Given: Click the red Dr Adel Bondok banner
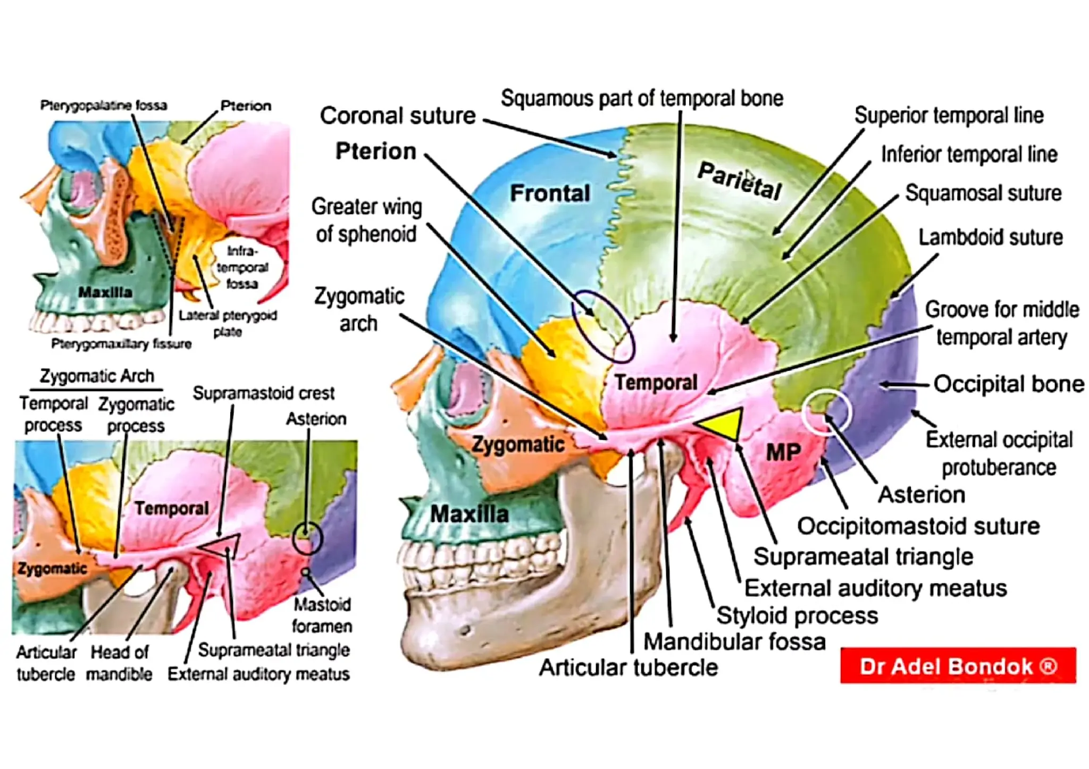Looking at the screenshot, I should click(x=958, y=666).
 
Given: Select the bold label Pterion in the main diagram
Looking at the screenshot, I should click(x=375, y=151).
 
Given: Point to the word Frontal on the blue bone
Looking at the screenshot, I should click(x=550, y=193).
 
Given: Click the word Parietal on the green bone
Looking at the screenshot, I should click(x=739, y=181).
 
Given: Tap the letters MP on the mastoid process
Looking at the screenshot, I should click(x=783, y=453).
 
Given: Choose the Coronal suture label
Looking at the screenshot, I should click(x=398, y=116).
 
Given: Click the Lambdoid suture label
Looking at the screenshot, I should click(x=990, y=237).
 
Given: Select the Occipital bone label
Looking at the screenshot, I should click(x=1008, y=384).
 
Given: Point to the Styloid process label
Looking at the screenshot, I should click(x=797, y=615).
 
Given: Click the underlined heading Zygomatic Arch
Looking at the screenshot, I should click(x=97, y=376).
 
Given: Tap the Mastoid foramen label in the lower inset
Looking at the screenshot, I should click(x=322, y=615).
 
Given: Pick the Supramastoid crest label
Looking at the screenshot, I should click(x=263, y=393).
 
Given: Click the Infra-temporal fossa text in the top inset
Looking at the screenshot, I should click(x=242, y=267).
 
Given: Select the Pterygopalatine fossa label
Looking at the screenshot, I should click(x=104, y=105).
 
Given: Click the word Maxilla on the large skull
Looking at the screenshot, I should click(x=469, y=514).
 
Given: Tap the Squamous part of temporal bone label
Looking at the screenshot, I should click(x=642, y=98).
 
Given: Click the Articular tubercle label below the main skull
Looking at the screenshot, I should click(x=628, y=667).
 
